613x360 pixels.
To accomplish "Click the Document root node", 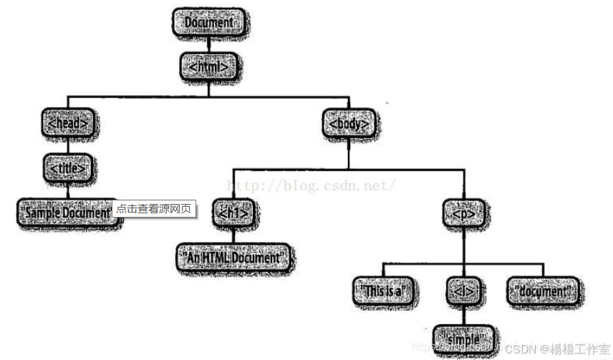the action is point(209,23).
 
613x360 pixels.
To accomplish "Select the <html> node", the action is point(208,67).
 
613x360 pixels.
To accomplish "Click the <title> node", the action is point(69,169).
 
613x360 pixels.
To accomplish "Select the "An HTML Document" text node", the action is point(234,256).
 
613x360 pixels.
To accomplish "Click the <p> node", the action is point(461,213).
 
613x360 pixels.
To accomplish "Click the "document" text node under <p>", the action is point(543,291).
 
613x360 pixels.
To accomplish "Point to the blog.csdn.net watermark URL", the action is point(310,185).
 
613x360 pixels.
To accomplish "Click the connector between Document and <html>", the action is point(208,45).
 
